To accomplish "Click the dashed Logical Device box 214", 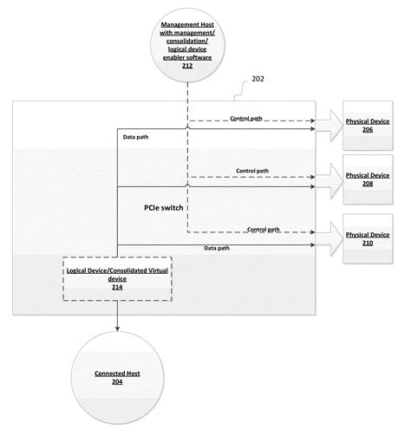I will click(x=116, y=277).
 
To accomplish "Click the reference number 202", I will click(x=258, y=102).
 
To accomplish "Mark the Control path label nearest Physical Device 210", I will click(x=263, y=230).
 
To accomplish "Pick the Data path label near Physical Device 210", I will click(x=217, y=249).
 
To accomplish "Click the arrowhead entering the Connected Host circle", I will click(x=116, y=329).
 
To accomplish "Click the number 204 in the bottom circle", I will click(x=116, y=382).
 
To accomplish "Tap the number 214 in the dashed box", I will click(x=116, y=286).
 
